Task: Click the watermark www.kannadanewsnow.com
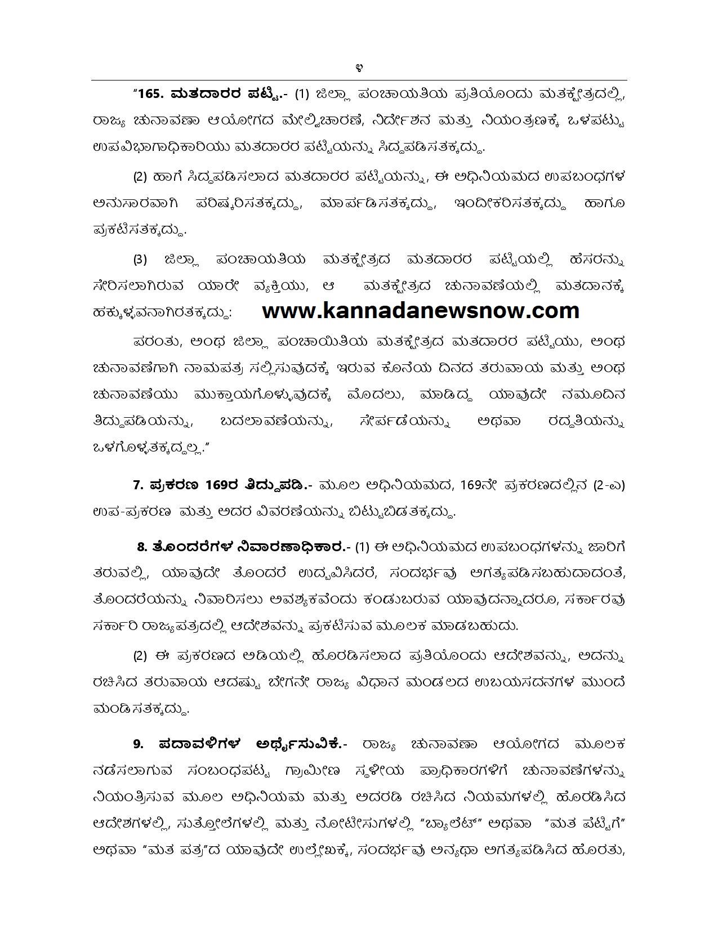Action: click(421, 311)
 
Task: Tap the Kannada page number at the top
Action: click(359, 68)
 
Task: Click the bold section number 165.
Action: click(149, 93)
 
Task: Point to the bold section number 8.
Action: click(142, 546)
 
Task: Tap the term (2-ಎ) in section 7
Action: click(609, 485)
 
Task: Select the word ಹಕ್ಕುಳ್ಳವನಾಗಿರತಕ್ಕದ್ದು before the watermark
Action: click(162, 313)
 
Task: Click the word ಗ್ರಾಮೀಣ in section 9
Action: click(337, 770)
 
